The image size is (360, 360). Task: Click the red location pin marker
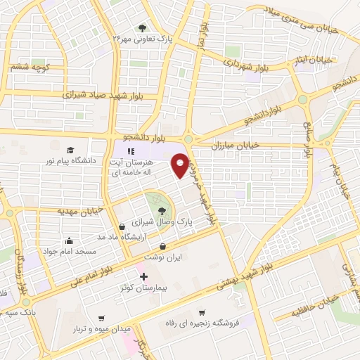[x=181, y=165]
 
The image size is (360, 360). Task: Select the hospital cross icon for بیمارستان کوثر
[x=144, y=276]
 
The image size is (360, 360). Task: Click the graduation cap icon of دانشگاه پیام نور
[x=70, y=150]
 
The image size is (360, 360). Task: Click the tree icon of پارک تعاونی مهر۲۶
[x=143, y=28]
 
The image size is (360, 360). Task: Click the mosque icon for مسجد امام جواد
[x=69, y=240]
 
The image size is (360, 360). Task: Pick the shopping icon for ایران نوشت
[x=163, y=246]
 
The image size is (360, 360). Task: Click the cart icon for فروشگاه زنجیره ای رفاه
[x=202, y=312]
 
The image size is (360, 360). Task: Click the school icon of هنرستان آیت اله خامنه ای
[x=130, y=151]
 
